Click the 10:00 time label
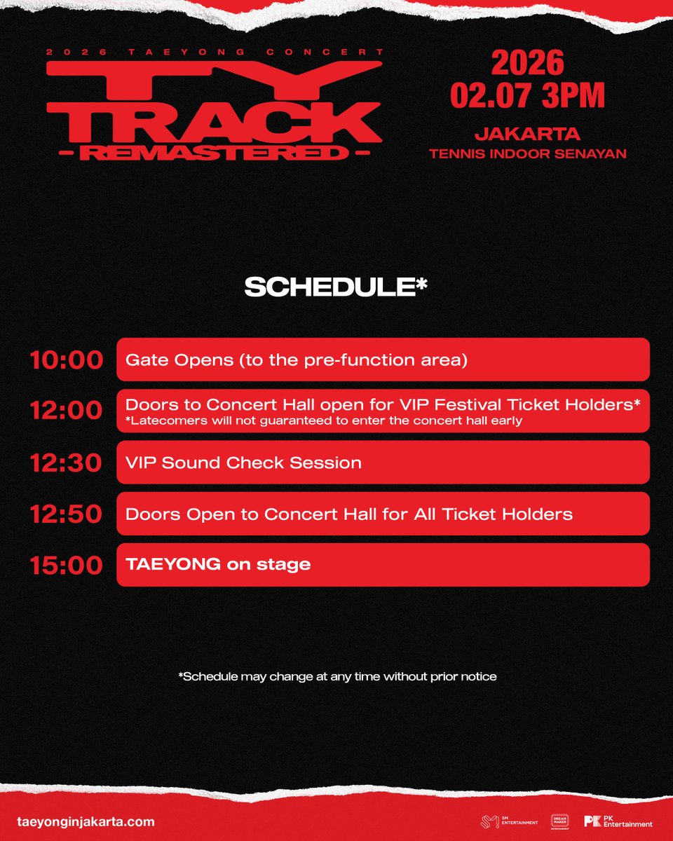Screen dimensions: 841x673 click(66, 360)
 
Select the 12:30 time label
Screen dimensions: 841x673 click(66, 463)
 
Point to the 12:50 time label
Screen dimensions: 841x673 click(66, 514)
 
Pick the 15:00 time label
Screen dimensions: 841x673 click(66, 565)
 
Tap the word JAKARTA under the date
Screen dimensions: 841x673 click(527, 133)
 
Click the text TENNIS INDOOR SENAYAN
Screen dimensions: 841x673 click(527, 153)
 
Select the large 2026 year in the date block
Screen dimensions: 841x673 click(527, 63)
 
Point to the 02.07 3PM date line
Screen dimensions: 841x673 click(527, 95)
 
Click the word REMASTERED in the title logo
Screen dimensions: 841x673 click(214, 153)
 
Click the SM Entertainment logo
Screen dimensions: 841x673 click(510, 821)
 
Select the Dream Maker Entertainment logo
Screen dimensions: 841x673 click(559, 821)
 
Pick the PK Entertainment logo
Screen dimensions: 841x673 click(618, 821)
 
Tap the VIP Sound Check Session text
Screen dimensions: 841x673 click(243, 463)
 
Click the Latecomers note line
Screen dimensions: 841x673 click(324, 420)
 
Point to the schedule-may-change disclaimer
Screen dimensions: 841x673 click(337, 676)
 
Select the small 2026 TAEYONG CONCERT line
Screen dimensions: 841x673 click(214, 53)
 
